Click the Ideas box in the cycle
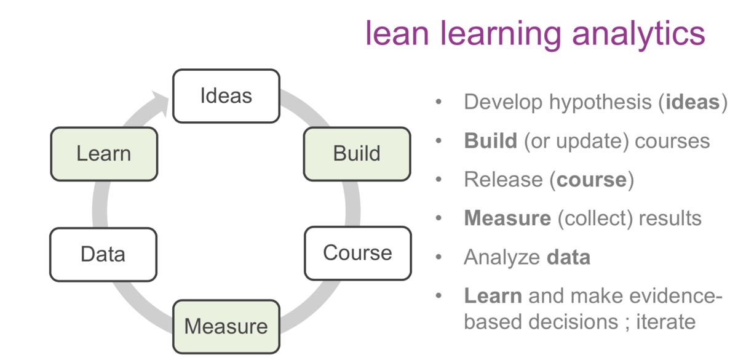click(x=226, y=96)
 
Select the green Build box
click(x=357, y=153)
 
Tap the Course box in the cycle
click(x=357, y=253)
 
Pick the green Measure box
click(x=226, y=326)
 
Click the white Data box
click(x=103, y=254)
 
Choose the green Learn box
click(x=103, y=154)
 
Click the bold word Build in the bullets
click(x=490, y=141)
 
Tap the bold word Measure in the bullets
click(x=507, y=218)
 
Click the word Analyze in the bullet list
click(x=502, y=257)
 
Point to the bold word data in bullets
click(x=568, y=257)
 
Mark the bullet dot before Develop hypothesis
click(x=438, y=102)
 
